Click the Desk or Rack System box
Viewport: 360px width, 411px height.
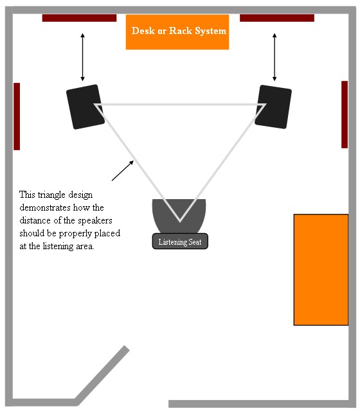pyautogui.click(x=177, y=32)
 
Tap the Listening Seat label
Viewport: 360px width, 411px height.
pyautogui.click(x=180, y=241)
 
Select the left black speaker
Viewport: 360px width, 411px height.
pyautogui.click(x=85, y=107)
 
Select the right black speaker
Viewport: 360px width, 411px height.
pyautogui.click(x=273, y=107)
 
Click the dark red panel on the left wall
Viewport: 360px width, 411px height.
pyautogui.click(x=17, y=116)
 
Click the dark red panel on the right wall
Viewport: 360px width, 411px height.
pyautogui.click(x=345, y=114)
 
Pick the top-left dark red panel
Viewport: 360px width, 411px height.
pyautogui.click(x=79, y=18)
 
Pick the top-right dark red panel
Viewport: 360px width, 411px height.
pyautogui.click(x=277, y=18)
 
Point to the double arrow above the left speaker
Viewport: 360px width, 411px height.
pyautogui.click(x=83, y=57)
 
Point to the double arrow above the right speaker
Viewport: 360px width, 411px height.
pyautogui.click(x=274, y=57)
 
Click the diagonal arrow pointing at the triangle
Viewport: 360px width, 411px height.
pyautogui.click(x=123, y=171)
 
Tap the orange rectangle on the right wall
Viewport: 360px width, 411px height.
pyautogui.click(x=321, y=270)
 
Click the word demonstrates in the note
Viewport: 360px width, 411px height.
pyautogui.click(x=45, y=207)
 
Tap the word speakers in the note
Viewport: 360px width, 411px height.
pyautogui.click(x=95, y=221)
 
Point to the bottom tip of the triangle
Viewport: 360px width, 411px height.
pyautogui.click(x=180, y=221)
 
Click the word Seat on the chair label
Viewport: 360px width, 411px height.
pyautogui.click(x=195, y=241)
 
